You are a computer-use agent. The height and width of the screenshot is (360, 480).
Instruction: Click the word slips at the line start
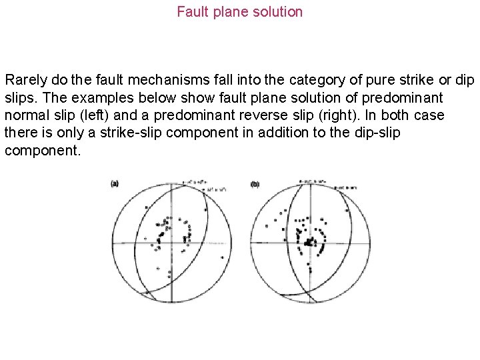(x=19, y=98)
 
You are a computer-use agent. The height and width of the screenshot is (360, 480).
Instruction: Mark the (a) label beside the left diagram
(x=115, y=184)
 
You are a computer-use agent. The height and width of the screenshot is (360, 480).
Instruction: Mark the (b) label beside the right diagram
(x=255, y=184)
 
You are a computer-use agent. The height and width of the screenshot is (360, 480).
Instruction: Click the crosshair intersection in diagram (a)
(x=171, y=244)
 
